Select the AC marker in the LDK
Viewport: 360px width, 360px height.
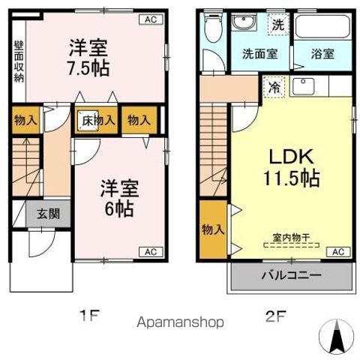(x=337, y=251)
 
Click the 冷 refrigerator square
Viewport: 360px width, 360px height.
(x=274, y=87)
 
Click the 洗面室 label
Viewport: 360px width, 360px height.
(x=259, y=55)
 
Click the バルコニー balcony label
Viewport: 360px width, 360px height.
(x=292, y=275)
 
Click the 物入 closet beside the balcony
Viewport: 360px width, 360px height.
(x=213, y=229)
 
